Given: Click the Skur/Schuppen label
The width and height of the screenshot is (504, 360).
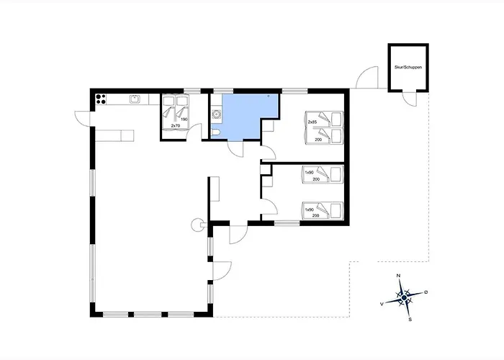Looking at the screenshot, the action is click(x=408, y=68).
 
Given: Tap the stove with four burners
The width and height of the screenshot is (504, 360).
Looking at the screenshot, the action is click(x=101, y=99).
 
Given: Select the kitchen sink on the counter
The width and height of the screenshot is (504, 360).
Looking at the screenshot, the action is click(x=135, y=99).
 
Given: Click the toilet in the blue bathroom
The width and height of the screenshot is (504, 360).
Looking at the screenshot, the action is click(x=215, y=132).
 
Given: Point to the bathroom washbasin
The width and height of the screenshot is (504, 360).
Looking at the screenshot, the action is click(x=217, y=114).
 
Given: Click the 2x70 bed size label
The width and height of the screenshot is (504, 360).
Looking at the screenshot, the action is click(x=175, y=126).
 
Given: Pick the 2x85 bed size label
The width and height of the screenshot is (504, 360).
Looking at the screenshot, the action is click(x=312, y=122).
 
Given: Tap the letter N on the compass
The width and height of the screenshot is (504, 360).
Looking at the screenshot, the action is click(x=399, y=276).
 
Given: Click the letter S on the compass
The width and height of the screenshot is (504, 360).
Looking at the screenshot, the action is click(x=410, y=320).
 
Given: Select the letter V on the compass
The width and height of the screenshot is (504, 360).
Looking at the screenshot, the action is click(x=382, y=303).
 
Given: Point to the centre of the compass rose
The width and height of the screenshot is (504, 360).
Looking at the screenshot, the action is click(x=405, y=298).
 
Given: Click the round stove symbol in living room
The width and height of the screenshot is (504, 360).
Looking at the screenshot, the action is click(x=196, y=225).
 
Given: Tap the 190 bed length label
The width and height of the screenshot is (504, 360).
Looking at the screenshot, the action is click(x=184, y=120).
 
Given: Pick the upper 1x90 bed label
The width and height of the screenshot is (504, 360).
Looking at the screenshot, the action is click(x=309, y=173).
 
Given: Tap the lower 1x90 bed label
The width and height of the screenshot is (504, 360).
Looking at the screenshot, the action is click(x=309, y=210).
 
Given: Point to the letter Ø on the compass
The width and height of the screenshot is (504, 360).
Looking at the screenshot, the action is click(x=426, y=292).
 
